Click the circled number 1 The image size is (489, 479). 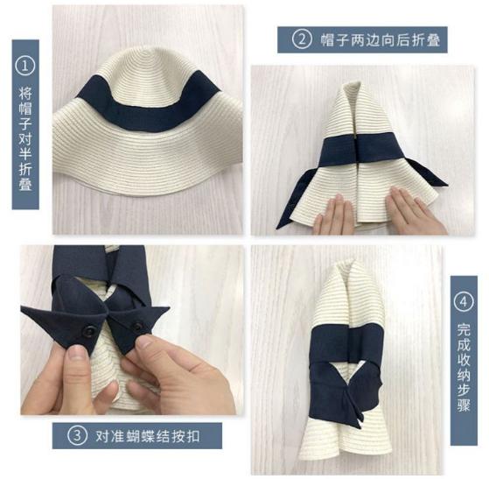pos(25,66)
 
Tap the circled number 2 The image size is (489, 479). pos(302,39)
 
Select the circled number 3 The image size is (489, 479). pos(77,435)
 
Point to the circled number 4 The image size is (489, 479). pos(464,302)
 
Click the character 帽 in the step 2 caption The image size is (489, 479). pos(327,40)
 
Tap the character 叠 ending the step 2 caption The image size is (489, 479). pos(433,40)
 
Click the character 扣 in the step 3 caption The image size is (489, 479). pos(192,436)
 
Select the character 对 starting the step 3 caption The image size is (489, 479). pos(102,436)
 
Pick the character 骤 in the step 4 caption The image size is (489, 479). pos(464,405)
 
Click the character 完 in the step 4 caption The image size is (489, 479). pos(464,328)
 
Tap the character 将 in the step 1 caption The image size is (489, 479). pos(25,93)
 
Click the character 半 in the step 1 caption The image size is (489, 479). pos(25,153)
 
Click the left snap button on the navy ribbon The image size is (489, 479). pos(89,331)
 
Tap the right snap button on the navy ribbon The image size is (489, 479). pos(137,327)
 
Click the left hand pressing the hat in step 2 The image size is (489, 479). pos(335,215)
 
